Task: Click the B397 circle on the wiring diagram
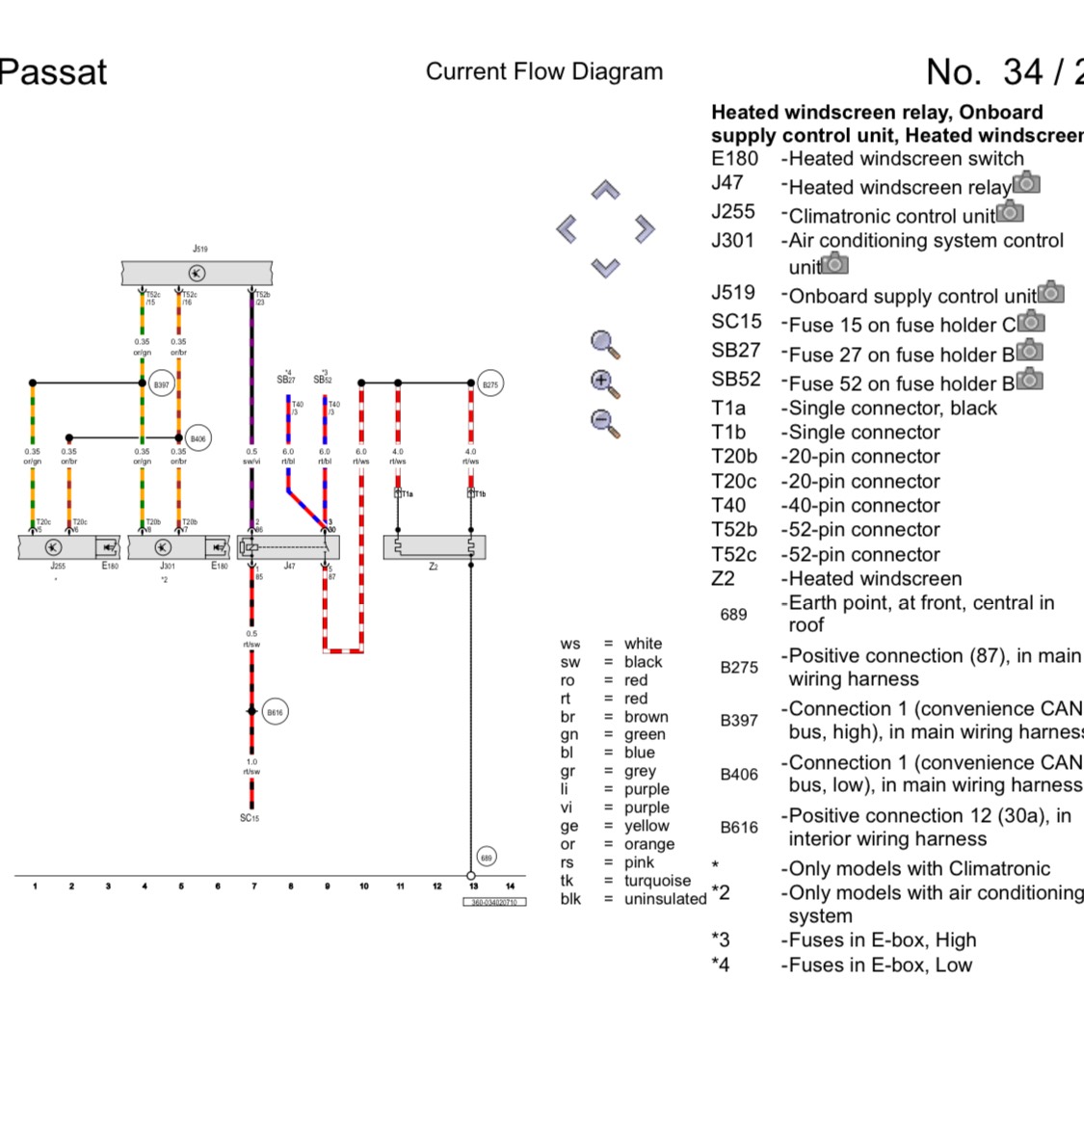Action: [161, 384]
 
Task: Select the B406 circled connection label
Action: [198, 438]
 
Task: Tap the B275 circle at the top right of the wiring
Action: [490, 384]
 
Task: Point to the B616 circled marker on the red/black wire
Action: [275, 712]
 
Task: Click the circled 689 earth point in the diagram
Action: [487, 857]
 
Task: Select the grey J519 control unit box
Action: [197, 274]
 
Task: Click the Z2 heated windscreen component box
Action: [434, 547]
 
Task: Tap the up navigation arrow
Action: [605, 190]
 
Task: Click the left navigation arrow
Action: [567, 228]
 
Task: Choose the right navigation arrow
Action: [645, 228]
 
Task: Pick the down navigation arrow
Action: [605, 267]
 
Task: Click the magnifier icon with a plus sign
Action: [604, 383]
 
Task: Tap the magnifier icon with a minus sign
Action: [604, 422]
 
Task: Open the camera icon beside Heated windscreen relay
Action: [1027, 183]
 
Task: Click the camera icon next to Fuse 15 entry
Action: [1031, 321]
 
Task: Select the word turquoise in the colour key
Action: [657, 881]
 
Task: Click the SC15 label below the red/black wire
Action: [250, 818]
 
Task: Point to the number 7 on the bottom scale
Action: [253, 886]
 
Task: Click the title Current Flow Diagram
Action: [544, 71]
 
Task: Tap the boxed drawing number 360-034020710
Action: [494, 903]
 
